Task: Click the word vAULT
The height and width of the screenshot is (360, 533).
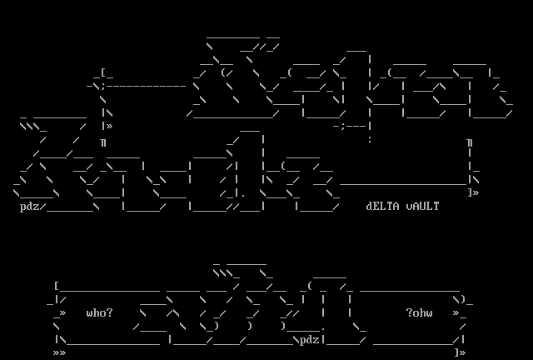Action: (422, 206)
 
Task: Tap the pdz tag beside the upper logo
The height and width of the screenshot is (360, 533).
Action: (30, 207)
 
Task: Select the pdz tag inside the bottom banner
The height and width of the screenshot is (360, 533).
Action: (310, 339)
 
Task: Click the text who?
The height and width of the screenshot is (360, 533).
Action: (100, 313)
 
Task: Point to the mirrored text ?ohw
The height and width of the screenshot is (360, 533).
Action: (420, 313)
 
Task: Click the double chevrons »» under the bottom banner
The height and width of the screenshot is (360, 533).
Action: (60, 352)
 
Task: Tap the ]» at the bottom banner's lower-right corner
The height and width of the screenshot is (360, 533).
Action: (459, 352)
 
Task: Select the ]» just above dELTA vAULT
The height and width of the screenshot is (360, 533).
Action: (473, 192)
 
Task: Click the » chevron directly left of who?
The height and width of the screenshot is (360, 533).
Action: (62, 313)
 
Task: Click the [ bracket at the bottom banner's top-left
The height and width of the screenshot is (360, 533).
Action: (56, 286)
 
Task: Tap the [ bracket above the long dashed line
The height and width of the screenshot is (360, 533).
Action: (102, 72)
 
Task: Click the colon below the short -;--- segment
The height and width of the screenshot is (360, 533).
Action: (369, 140)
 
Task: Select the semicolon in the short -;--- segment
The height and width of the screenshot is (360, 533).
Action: (343, 126)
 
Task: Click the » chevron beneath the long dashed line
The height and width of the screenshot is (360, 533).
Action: (109, 126)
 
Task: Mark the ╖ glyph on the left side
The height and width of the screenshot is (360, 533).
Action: (103, 142)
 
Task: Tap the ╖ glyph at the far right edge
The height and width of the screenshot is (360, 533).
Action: (470, 142)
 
